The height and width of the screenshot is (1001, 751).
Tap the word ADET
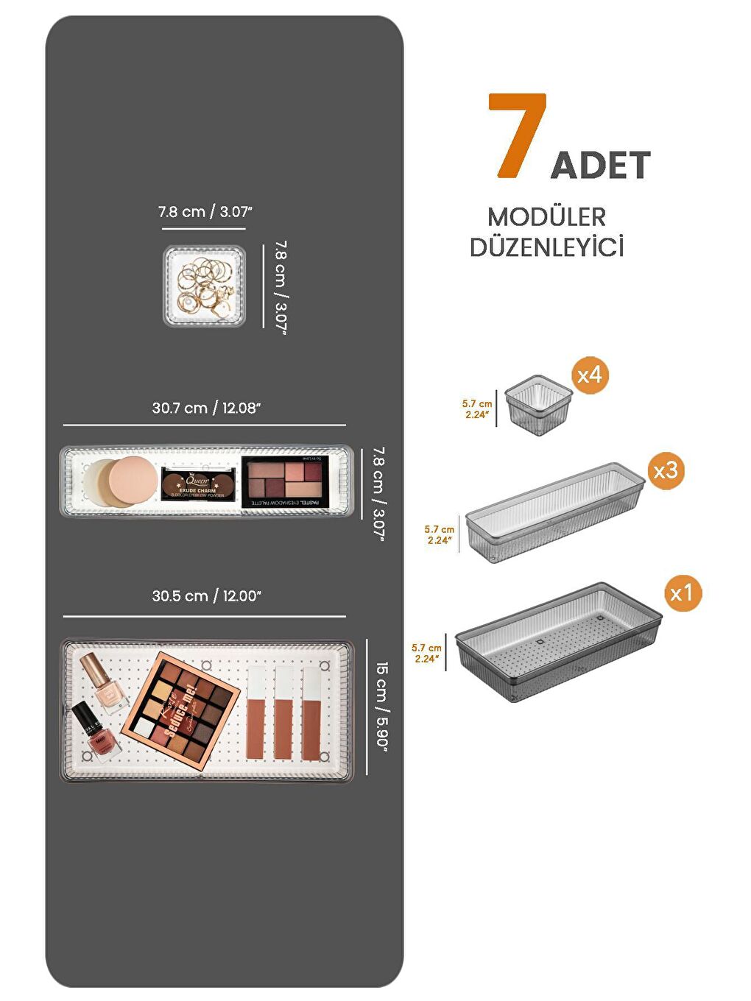click(600, 165)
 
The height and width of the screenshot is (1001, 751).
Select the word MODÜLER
click(546, 217)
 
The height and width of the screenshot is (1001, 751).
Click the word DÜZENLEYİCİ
click(546, 247)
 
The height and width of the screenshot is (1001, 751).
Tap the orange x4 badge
click(590, 375)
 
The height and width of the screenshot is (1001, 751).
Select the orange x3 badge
click(666, 470)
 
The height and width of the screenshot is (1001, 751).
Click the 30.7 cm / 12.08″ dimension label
click(206, 408)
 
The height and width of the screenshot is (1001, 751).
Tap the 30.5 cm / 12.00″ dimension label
click(206, 595)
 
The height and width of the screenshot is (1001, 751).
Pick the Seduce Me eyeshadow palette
click(181, 709)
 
